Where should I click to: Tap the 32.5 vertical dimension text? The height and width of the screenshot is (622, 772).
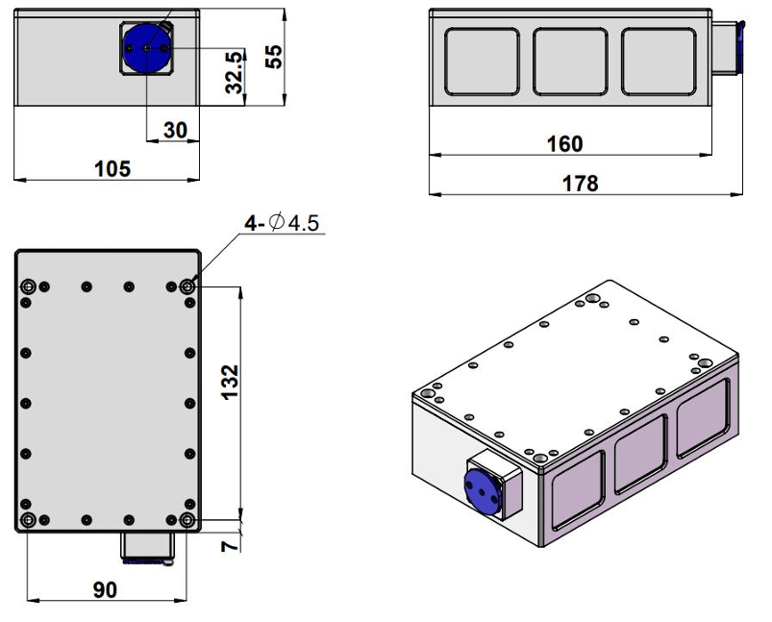tap(235, 72)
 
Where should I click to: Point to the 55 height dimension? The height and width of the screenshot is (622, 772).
tap(274, 56)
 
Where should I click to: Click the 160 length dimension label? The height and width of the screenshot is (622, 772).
tap(563, 144)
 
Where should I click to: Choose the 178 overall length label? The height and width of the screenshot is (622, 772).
tap(579, 183)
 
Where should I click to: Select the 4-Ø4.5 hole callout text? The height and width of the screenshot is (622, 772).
tap(282, 224)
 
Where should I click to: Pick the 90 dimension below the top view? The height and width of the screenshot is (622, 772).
tap(105, 589)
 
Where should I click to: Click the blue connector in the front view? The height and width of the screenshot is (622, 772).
tap(146, 46)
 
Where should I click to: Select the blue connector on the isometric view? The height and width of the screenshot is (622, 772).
tap(485, 488)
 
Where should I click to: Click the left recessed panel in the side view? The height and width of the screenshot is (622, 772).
tap(482, 62)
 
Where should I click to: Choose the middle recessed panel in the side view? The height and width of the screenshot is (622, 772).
tap(570, 62)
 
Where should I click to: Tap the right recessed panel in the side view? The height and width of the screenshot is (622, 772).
tap(659, 62)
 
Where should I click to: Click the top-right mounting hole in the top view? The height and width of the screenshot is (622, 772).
tap(187, 286)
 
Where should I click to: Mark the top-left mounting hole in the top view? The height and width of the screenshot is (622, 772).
tap(28, 286)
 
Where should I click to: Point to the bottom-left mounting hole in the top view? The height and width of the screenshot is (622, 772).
tap(28, 520)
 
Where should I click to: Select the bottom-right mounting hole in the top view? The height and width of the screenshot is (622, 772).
tap(187, 520)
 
